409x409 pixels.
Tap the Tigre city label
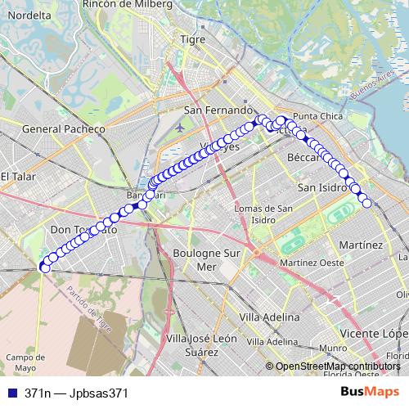(x=193, y=39)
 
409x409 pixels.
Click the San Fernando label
(x=216, y=110)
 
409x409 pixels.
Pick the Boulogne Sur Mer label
(x=207, y=260)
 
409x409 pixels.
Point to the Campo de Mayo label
(x=25, y=362)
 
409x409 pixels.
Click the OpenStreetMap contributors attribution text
(x=337, y=366)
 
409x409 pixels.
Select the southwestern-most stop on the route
(x=44, y=266)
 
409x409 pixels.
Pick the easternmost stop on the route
(x=366, y=203)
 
